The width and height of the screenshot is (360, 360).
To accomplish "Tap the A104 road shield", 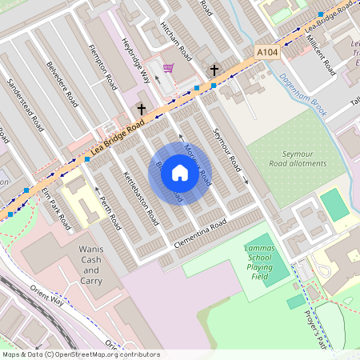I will click(x=267, y=51).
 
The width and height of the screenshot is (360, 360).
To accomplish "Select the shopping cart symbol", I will click(x=169, y=69).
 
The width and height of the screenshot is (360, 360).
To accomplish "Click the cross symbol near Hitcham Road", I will click(x=214, y=70).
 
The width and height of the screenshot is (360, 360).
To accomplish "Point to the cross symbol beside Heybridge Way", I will click(x=142, y=108).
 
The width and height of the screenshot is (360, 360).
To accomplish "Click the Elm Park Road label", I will click(x=56, y=210).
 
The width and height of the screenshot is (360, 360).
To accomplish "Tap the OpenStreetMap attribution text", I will click(x=80, y=354).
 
